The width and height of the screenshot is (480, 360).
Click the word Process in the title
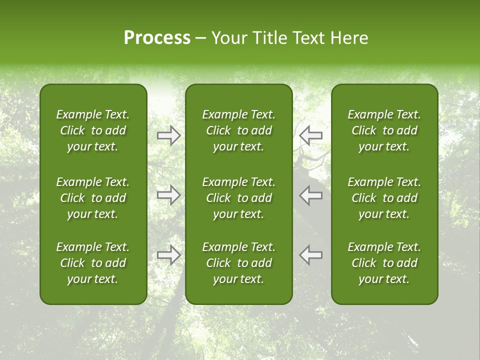pyautogui.click(x=157, y=38)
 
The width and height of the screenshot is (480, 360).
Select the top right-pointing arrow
pyautogui.click(x=168, y=135)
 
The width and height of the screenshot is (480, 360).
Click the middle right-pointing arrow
pyautogui.click(x=168, y=195)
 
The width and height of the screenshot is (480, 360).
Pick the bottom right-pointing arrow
pyautogui.click(x=168, y=254)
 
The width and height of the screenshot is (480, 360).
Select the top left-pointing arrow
pyautogui.click(x=311, y=135)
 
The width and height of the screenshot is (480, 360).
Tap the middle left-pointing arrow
pyautogui.click(x=311, y=195)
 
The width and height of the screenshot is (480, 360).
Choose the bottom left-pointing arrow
pyautogui.click(x=311, y=254)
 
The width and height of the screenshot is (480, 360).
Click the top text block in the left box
pyautogui.click(x=93, y=130)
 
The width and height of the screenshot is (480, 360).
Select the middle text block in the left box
pyautogui.click(x=93, y=198)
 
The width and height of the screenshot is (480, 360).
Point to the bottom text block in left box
pyautogui.click(x=93, y=263)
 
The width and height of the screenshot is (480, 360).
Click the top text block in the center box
pyautogui.click(x=238, y=130)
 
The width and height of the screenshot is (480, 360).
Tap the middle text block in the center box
pyautogui.click(x=238, y=198)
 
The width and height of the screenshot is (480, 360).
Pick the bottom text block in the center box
pyautogui.click(x=238, y=263)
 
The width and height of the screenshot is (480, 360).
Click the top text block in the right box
pyautogui.click(x=384, y=130)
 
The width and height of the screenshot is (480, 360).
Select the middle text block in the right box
pyautogui.click(x=384, y=198)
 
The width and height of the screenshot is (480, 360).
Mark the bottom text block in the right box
pyautogui.click(x=384, y=263)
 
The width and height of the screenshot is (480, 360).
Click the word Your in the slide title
pyautogui.click(x=227, y=38)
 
